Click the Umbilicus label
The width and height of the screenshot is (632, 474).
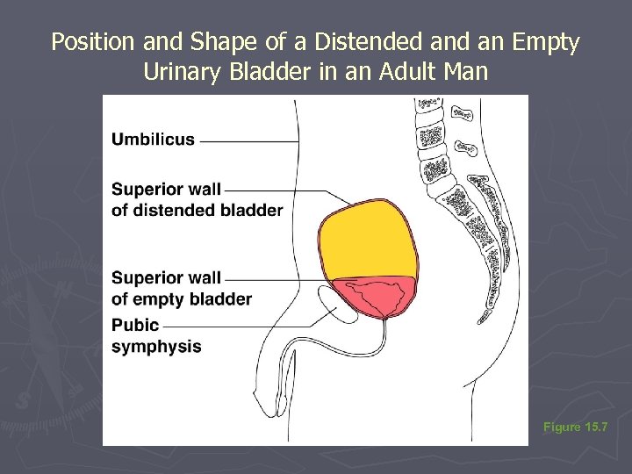click(154, 139)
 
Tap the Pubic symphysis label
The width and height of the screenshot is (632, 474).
click(156, 335)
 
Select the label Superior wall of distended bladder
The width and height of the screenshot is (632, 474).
click(197, 199)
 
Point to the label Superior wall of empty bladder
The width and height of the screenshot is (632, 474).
click(181, 288)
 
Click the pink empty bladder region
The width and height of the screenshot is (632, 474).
click(373, 298)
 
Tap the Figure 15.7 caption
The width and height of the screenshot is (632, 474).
click(574, 427)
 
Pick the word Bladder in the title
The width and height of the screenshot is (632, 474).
click(263, 71)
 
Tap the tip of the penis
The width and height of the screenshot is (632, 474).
click(283, 406)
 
